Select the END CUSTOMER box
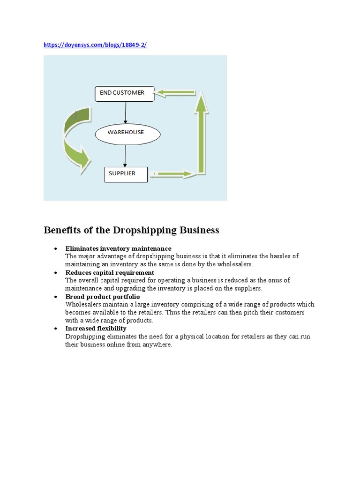[125, 93]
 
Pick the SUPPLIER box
[126, 174]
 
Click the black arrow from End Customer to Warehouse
[126, 112]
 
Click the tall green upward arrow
[202, 134]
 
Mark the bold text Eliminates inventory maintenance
[118, 248]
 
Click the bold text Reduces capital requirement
[110, 272]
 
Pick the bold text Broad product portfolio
[102, 297]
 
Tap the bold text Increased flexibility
[96, 329]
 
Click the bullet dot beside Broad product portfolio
[56, 297]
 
